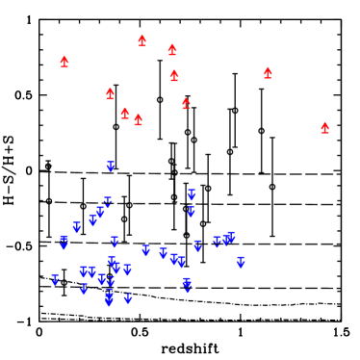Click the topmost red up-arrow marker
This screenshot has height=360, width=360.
pyautogui.click(x=141, y=40)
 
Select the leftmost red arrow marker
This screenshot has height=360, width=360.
pyautogui.click(x=64, y=62)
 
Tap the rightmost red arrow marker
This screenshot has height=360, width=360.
pyautogui.click(x=324, y=128)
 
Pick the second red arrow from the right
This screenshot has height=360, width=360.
pyautogui.click(x=268, y=73)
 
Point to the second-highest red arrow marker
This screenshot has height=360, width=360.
pyautogui.click(x=172, y=49)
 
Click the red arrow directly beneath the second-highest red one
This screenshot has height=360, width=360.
pyautogui.click(x=174, y=75)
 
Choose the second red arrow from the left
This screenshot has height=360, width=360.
pyautogui.click(x=110, y=93)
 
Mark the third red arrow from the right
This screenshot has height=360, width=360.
pyautogui.click(x=186, y=103)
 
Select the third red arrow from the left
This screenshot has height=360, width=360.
pyautogui.click(x=125, y=113)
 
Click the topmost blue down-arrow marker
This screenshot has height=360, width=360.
pyautogui.click(x=111, y=167)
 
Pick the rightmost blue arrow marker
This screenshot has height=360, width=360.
pyautogui.click(x=241, y=262)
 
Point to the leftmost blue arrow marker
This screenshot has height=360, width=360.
pyautogui.click(x=55, y=279)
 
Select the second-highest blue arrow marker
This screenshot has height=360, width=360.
pyautogui.click(x=192, y=194)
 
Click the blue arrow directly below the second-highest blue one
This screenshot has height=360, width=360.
pyautogui.click(x=191, y=211)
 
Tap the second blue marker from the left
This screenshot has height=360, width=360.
pyautogui.click(x=64, y=241)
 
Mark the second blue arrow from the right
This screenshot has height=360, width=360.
pyautogui.click(x=230, y=236)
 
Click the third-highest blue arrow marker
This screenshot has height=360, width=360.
pyautogui.click(x=108, y=202)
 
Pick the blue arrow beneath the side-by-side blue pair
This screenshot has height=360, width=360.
pyautogui.click(x=84, y=288)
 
